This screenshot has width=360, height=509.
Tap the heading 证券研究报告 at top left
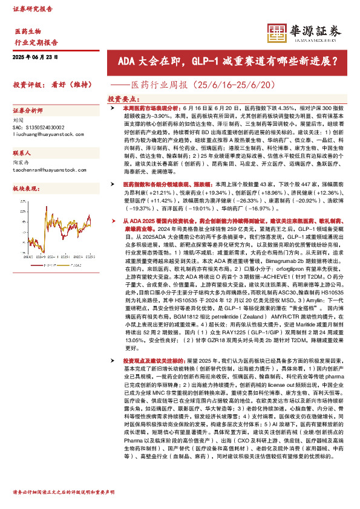[33, 10]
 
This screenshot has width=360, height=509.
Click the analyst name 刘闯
[19, 121]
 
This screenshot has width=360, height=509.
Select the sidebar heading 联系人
[22, 154]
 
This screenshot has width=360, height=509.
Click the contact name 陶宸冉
[22, 163]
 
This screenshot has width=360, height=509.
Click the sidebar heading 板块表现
[26, 189]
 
